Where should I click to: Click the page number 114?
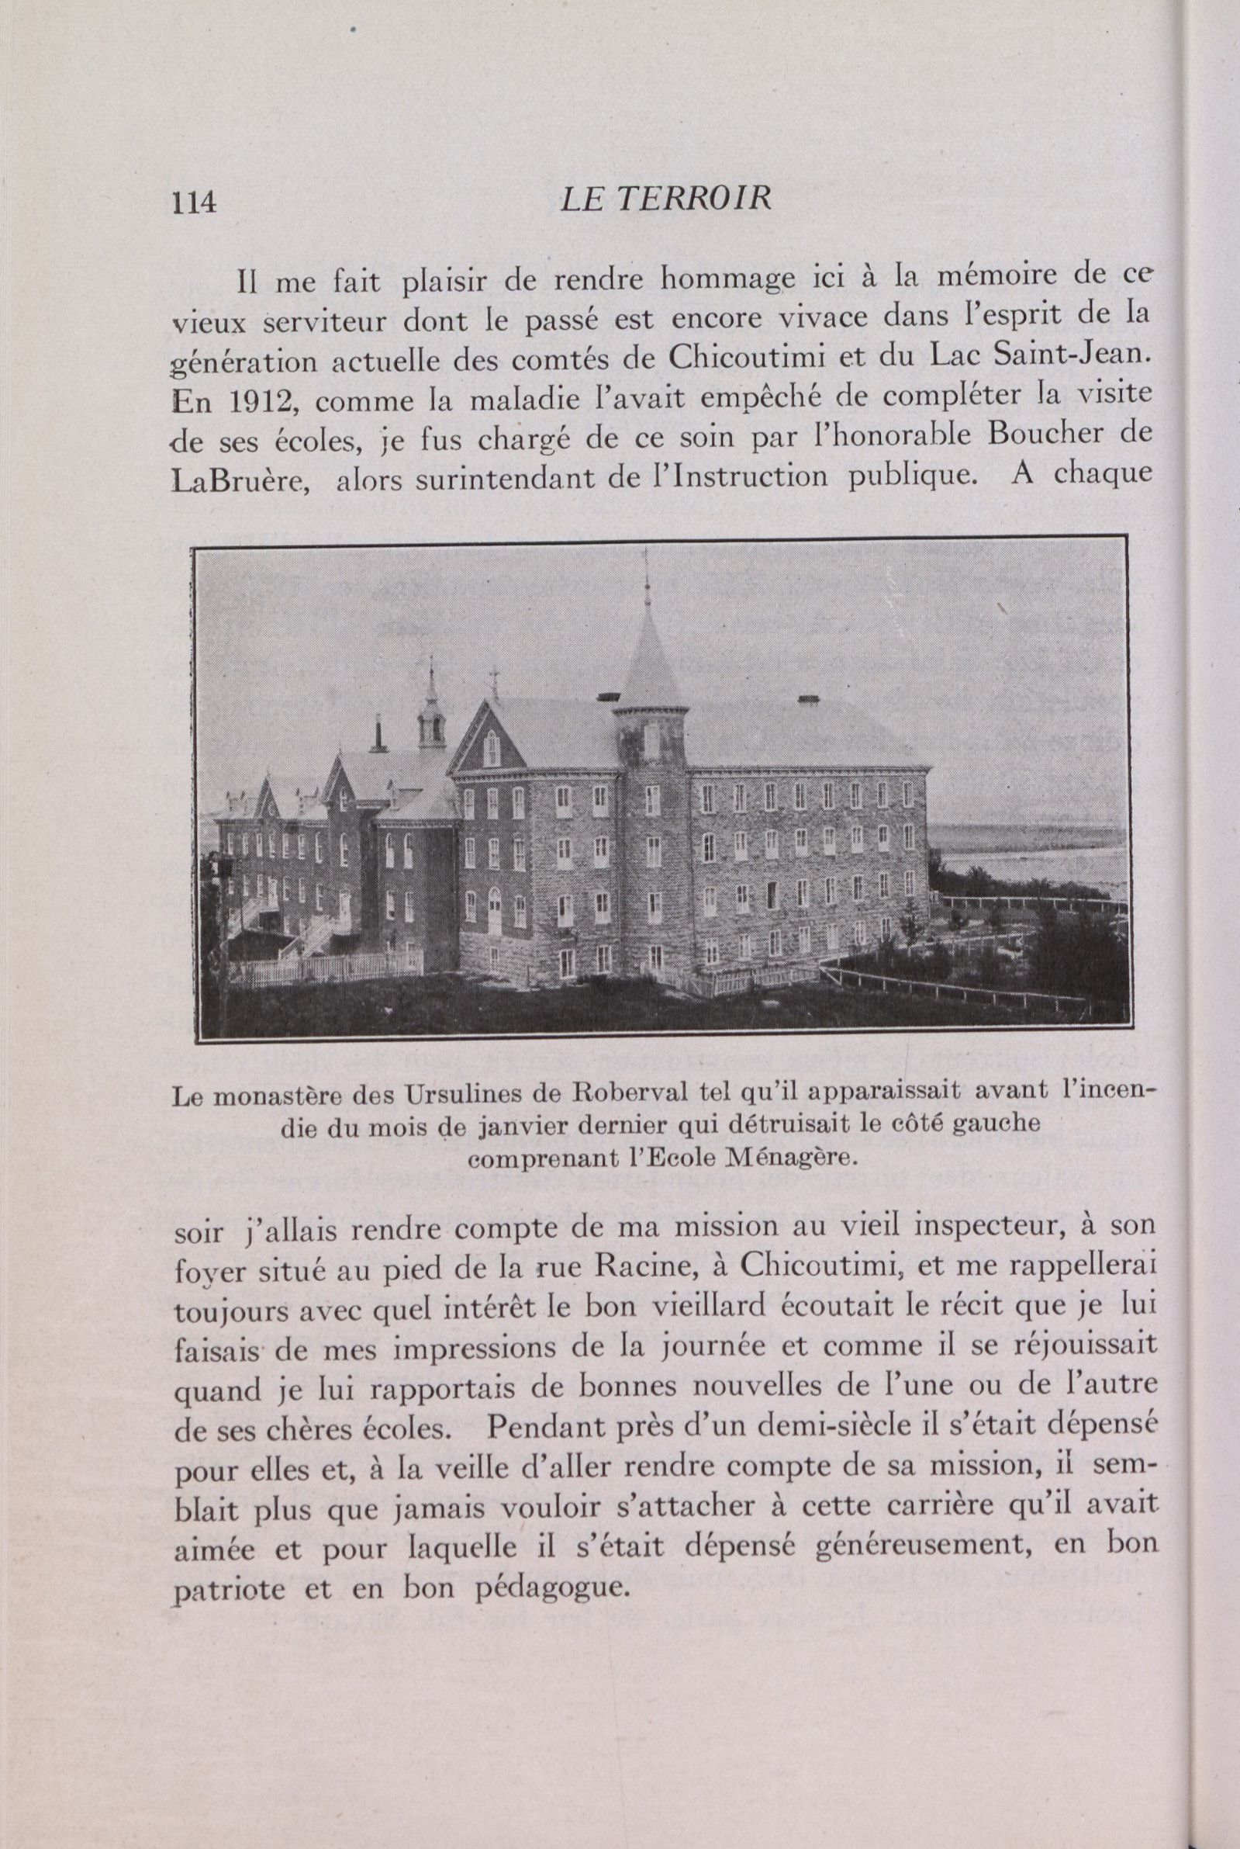pos(195,203)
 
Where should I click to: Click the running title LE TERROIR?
pos(665,199)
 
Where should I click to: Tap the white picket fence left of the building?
pos(332,968)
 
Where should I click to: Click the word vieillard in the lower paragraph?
pos(709,1307)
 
